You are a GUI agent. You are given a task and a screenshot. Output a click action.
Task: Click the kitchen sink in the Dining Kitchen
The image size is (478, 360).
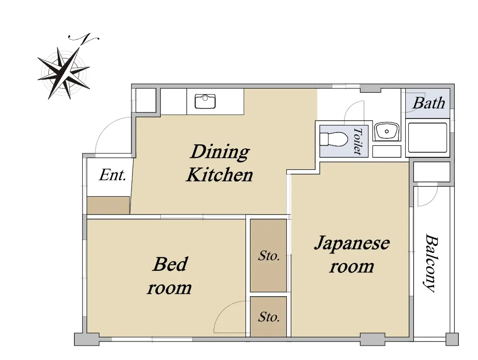pyautogui.click(x=205, y=101)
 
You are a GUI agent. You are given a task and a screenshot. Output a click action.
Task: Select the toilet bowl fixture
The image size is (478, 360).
pyautogui.click(x=334, y=139)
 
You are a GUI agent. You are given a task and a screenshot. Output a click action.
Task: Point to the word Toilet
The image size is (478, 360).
pyautogui.click(x=358, y=141)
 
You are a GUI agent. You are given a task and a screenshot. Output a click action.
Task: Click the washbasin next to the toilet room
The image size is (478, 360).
pyautogui.click(x=386, y=131)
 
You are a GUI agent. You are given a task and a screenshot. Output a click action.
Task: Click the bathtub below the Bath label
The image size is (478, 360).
pyautogui.click(x=428, y=138)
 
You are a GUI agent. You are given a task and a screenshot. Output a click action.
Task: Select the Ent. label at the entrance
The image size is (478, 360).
pyautogui.click(x=112, y=175)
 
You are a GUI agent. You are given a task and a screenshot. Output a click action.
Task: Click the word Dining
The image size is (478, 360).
pyautogui.click(x=220, y=151)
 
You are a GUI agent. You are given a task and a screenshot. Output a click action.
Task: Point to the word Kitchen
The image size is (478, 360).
pyautogui.click(x=220, y=175)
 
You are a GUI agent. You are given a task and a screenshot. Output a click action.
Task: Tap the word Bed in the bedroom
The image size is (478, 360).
pyautogui.click(x=170, y=264)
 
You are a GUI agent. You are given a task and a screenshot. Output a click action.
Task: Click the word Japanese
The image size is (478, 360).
pyautogui.click(x=352, y=243)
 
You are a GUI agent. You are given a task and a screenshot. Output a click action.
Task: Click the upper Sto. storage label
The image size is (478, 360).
pyautogui.click(x=268, y=256)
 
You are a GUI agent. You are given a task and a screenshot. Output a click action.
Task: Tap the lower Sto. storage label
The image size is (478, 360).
pyautogui.click(x=268, y=317)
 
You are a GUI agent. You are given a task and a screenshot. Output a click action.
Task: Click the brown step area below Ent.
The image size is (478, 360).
pyautogui.click(x=109, y=205)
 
